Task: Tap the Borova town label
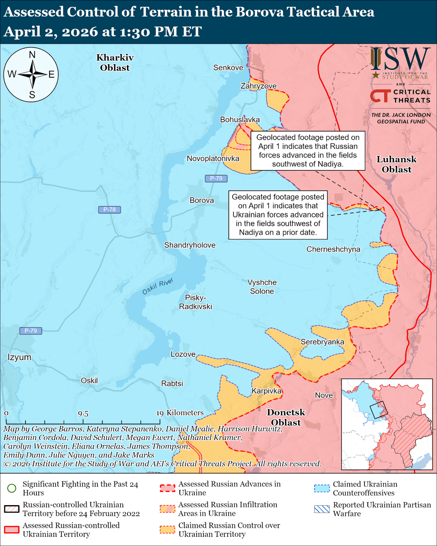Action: pyautogui.click(x=202, y=200)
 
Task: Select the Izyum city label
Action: pyautogui.click(x=20, y=357)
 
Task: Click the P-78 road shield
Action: pyautogui.click(x=110, y=210)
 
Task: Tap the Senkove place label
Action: pyautogui.click(x=228, y=68)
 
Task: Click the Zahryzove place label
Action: pyautogui.click(x=259, y=86)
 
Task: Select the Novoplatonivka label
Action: pyautogui.click(x=213, y=158)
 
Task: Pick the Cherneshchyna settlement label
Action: pyautogui.click(x=333, y=249)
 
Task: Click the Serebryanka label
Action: pyautogui.click(x=322, y=342)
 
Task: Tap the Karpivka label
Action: pyautogui.click(x=267, y=391)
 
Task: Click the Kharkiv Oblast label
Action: pyautogui.click(x=112, y=62)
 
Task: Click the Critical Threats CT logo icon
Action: pyautogui.click(x=379, y=96)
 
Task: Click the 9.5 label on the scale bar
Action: pyautogui.click(x=83, y=414)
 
